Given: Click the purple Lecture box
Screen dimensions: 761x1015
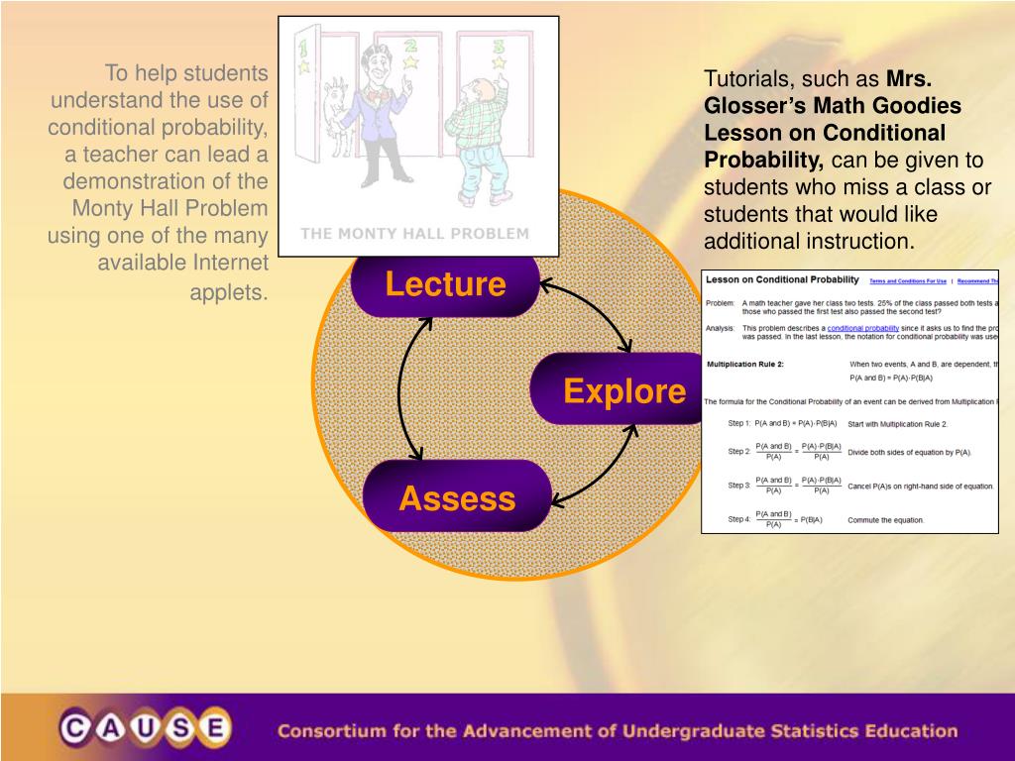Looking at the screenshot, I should pos(445,285).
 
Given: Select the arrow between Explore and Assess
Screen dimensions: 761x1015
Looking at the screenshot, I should pos(595,466).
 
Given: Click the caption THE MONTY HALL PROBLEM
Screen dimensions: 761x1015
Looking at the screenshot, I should pos(414,234).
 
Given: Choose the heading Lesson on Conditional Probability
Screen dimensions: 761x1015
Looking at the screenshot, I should pos(782,280).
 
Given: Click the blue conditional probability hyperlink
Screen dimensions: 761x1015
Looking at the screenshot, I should pos(862,327).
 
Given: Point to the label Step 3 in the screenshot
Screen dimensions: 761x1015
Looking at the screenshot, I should pos(739,486).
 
